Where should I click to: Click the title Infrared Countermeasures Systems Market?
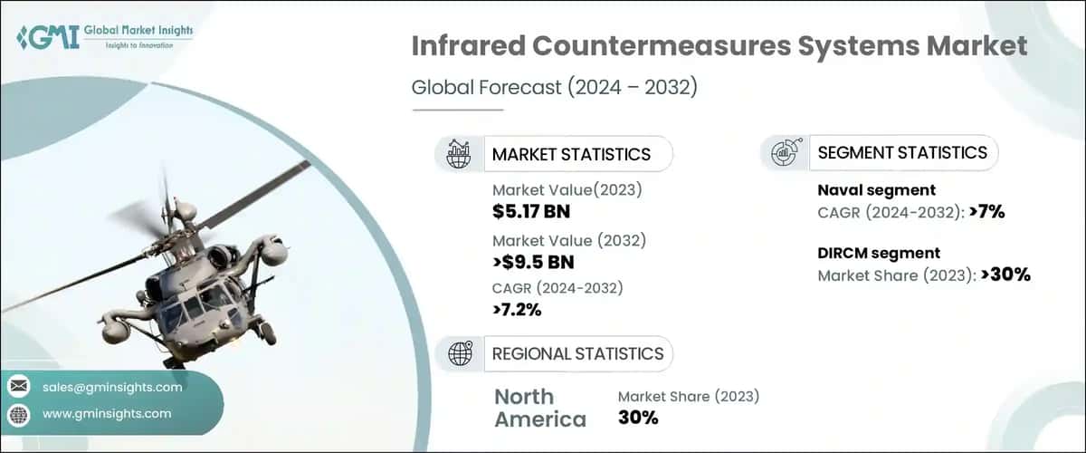click(x=719, y=46)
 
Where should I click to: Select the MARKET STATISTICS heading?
click(x=571, y=154)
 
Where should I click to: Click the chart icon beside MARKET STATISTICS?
click(x=459, y=153)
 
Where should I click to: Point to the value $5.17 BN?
click(x=532, y=212)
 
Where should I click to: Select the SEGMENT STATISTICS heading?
click(x=902, y=152)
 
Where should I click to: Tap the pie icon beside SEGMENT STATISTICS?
click(x=783, y=152)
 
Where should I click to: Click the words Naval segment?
click(x=877, y=190)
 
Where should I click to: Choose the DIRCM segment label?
click(x=879, y=254)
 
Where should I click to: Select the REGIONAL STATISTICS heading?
click(x=577, y=353)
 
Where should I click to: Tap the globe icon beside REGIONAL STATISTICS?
click(x=460, y=353)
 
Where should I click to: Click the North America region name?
click(x=539, y=408)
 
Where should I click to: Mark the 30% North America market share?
click(x=638, y=418)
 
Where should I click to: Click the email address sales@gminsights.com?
click(x=112, y=387)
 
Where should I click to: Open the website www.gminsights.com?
click(x=107, y=413)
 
